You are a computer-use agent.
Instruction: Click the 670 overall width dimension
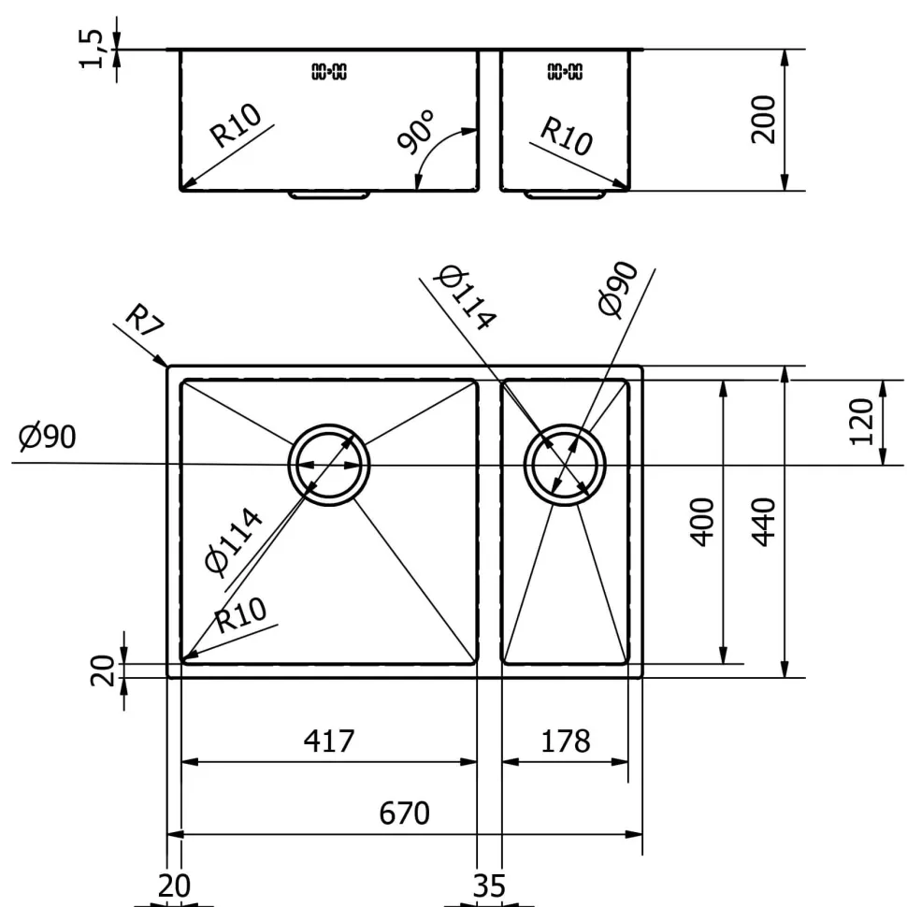point(404,813)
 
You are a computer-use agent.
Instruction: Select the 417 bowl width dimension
point(329,741)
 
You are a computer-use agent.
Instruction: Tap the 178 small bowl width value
point(565,741)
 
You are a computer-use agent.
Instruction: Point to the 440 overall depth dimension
point(764,522)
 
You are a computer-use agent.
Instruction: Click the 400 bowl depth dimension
point(703,522)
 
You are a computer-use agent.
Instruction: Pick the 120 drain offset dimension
point(861,422)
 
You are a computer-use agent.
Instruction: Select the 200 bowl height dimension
point(763,120)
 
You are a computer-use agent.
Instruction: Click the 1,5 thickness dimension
point(92,50)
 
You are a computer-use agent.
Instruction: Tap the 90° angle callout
point(416,132)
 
